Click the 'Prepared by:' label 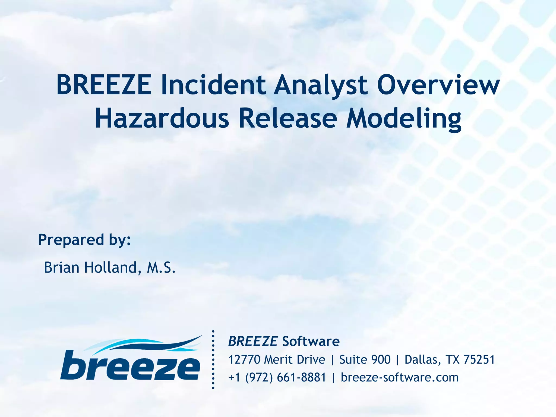click(84, 240)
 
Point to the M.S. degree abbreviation click(161, 268)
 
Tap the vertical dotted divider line click(213, 360)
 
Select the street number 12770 click(244, 360)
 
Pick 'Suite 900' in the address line click(365, 360)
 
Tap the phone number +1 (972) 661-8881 click(277, 378)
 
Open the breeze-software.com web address click(400, 378)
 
